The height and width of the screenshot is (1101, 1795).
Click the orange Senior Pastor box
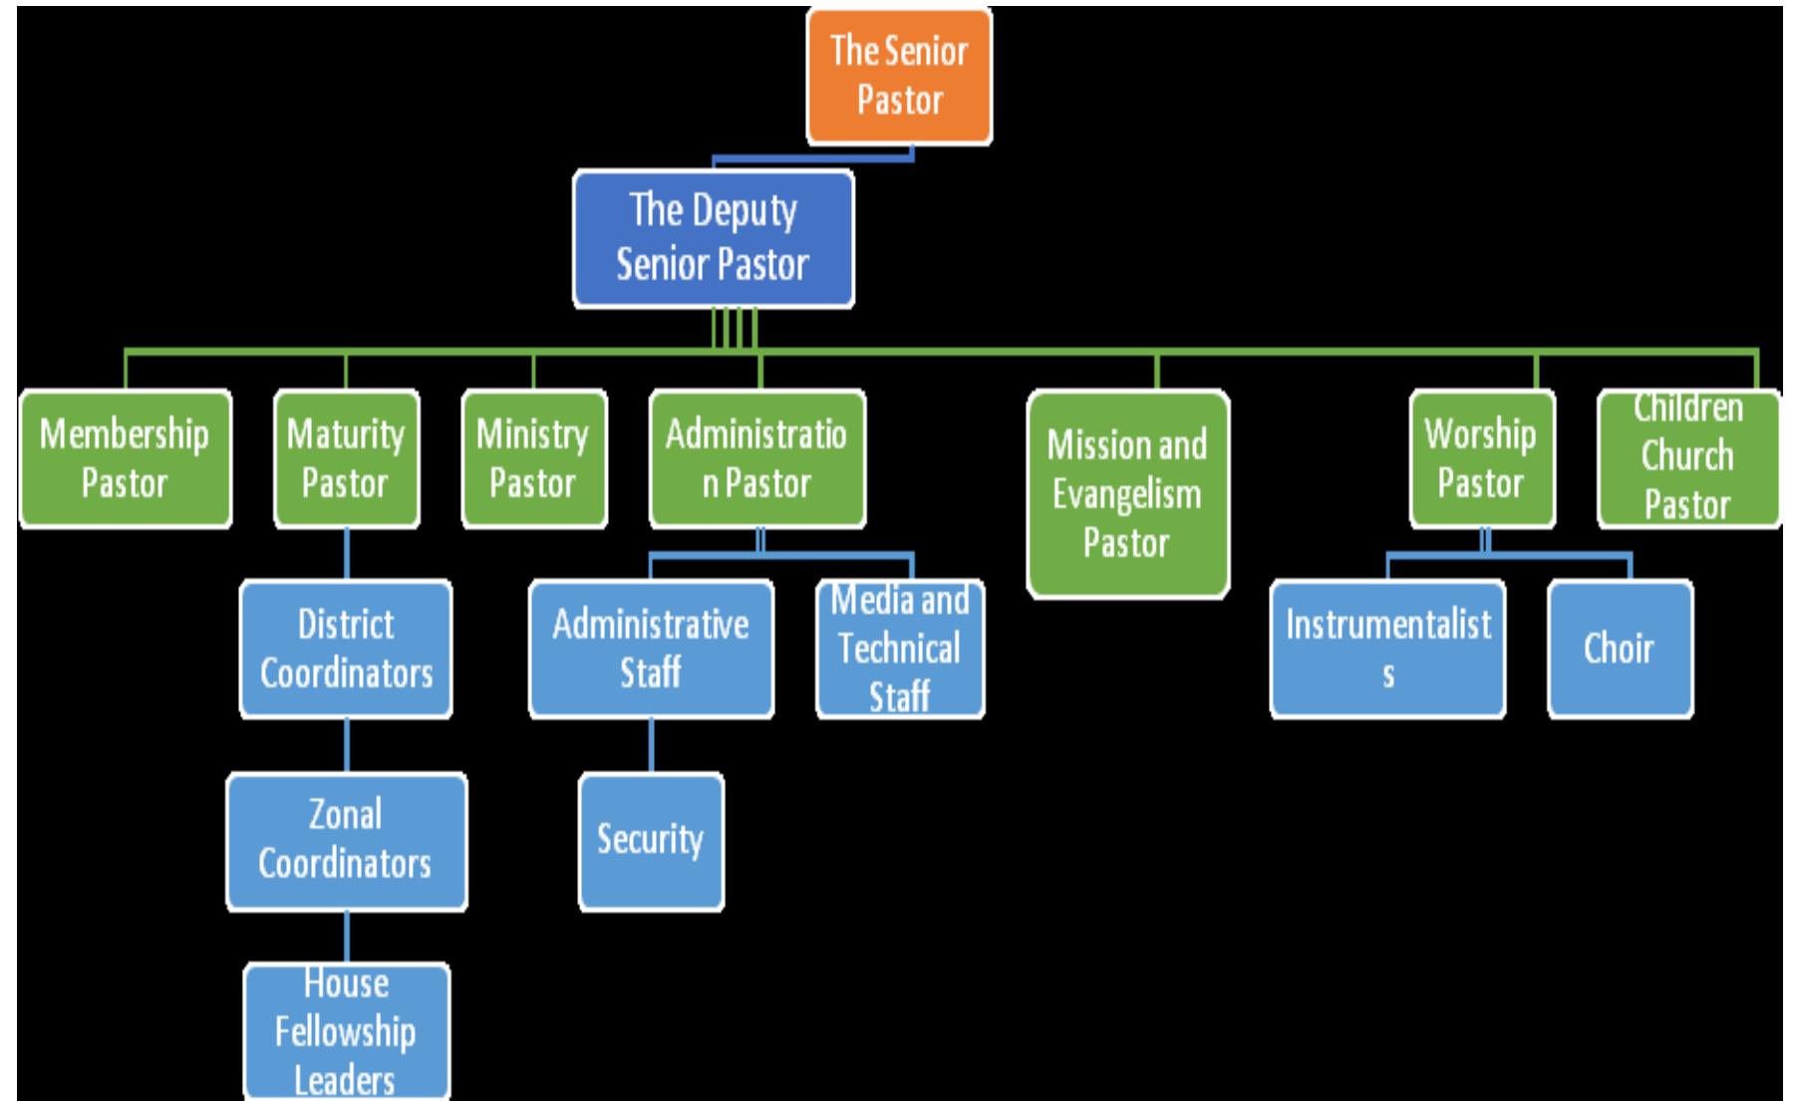(898, 76)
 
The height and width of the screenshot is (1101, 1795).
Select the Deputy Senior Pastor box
(713, 238)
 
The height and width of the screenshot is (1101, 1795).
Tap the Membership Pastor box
(126, 458)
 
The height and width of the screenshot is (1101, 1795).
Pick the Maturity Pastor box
(346, 458)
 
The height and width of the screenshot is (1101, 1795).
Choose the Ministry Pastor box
(533, 458)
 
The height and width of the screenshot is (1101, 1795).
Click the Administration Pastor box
(756, 458)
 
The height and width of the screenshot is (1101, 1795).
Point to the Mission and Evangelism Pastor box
(1127, 494)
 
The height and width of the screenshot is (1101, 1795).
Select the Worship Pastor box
(1481, 458)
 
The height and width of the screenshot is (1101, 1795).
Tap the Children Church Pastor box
(1687, 458)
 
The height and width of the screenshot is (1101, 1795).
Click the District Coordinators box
(346, 649)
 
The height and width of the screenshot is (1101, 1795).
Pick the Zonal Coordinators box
(346, 840)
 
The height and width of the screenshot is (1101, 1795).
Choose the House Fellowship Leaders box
(346, 1031)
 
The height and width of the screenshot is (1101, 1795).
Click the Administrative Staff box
(651, 649)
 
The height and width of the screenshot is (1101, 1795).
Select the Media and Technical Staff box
(900, 649)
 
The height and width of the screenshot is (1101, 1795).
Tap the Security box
(651, 840)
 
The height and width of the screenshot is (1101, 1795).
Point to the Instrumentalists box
(1387, 649)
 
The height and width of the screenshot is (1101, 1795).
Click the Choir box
(1620, 649)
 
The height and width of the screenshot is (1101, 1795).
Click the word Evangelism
(1127, 495)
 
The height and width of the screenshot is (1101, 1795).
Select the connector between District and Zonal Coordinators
(347, 745)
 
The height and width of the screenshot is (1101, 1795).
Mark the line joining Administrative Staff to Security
(652, 745)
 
